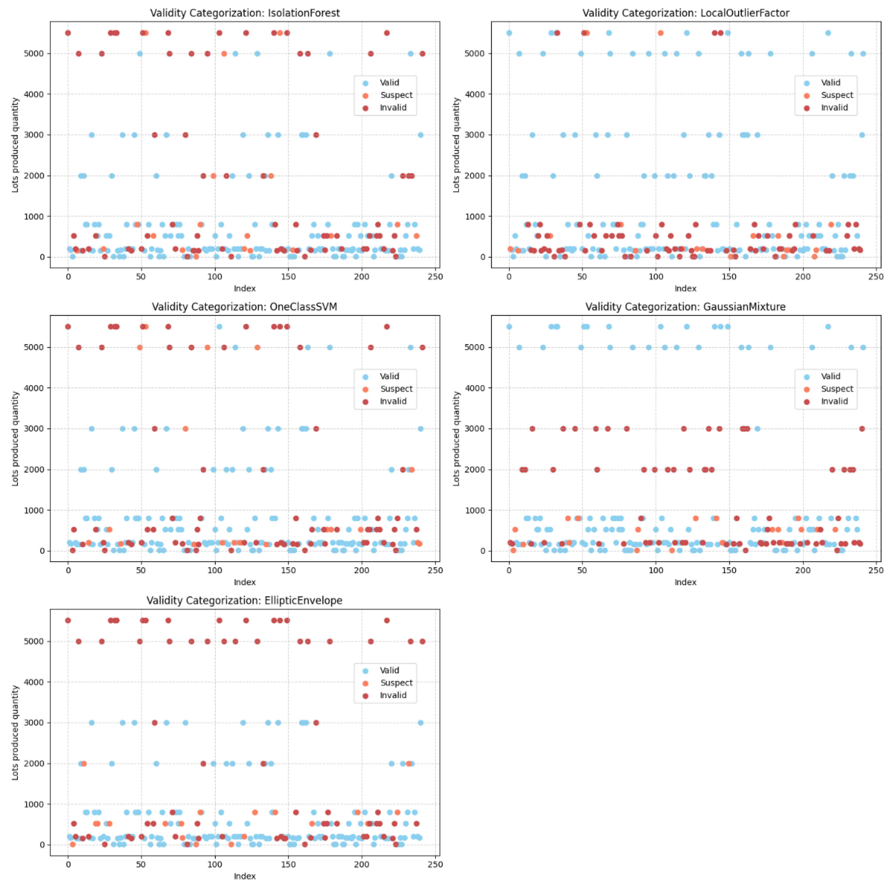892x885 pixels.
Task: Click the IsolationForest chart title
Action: click(x=245, y=13)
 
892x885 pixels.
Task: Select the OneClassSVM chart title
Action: click(x=245, y=307)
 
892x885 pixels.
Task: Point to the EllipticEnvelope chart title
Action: click(x=245, y=600)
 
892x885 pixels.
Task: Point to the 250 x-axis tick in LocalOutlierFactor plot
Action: click(x=876, y=276)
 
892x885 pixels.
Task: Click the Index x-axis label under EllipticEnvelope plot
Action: click(x=245, y=876)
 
